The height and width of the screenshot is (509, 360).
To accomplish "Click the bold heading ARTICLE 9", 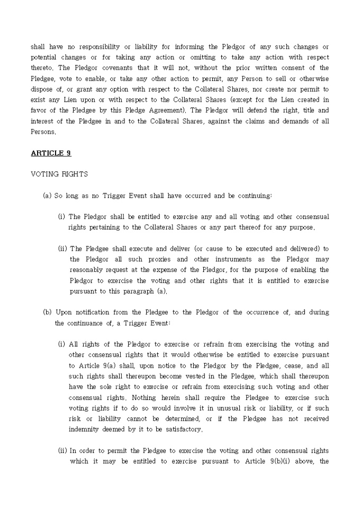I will [x=51, y=153].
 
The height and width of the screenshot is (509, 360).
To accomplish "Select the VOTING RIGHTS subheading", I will [x=59, y=174].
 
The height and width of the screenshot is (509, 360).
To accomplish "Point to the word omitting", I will [x=202, y=57].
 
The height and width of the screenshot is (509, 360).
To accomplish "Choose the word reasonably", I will [x=89, y=270].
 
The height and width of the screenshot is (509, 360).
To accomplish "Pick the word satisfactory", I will [x=183, y=429].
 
